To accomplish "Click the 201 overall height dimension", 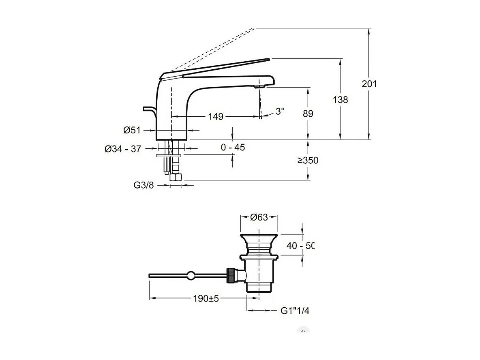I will [x=369, y=84].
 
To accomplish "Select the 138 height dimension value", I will [x=340, y=99].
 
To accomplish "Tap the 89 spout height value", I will [x=308, y=114].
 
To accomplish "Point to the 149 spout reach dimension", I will [x=216, y=117].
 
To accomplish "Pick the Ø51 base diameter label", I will [x=132, y=130].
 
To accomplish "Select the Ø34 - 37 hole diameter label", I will [x=123, y=149].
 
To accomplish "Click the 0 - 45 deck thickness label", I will [x=233, y=148].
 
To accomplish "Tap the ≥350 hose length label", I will [x=308, y=161].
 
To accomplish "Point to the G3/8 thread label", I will [x=144, y=185].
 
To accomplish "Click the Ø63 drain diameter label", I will [x=259, y=217].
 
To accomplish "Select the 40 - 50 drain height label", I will [x=300, y=245].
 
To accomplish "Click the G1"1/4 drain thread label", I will [x=295, y=311].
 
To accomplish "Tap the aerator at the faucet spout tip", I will [x=258, y=86].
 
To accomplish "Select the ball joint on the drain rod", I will [x=191, y=276].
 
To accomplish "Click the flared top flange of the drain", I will [x=259, y=237].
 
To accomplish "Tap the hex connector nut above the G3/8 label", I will [x=176, y=177].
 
